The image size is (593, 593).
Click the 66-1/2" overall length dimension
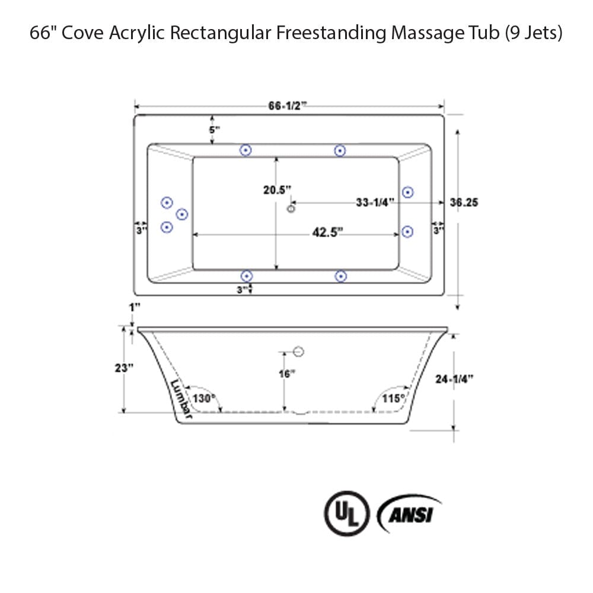tap(288, 106)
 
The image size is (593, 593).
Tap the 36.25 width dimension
tap(464, 202)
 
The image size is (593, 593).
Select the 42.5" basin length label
tap(328, 232)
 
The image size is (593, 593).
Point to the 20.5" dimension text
tap(278, 190)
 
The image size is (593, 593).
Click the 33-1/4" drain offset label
tap(375, 202)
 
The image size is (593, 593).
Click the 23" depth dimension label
tap(125, 367)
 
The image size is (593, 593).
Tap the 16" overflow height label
tap(287, 374)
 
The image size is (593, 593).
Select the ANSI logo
tap(410, 514)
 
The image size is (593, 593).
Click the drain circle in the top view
tap(291, 208)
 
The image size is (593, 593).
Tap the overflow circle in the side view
tap(299, 352)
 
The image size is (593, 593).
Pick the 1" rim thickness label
tap(136, 307)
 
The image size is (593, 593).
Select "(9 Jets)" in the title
tap(534, 33)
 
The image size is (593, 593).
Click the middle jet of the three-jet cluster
tap(182, 214)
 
